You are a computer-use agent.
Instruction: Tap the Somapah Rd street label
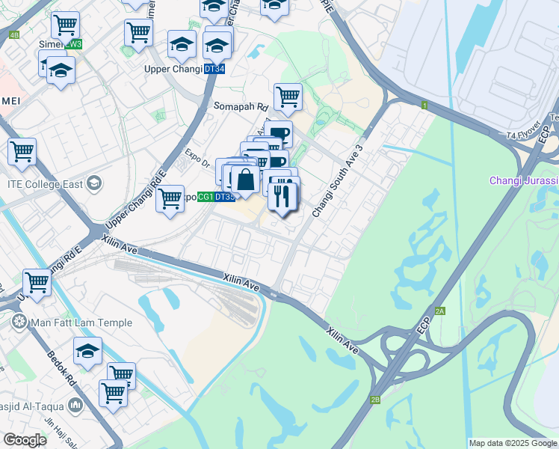[241, 106]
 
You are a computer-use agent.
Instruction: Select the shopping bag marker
[245, 180]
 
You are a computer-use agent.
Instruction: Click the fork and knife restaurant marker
[283, 197]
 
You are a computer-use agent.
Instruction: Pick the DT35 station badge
[225, 197]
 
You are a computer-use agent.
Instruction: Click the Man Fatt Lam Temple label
[81, 323]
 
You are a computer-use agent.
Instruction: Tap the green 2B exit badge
[375, 400]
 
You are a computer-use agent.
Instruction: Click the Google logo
[25, 440]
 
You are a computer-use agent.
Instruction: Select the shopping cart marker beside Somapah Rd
[288, 96]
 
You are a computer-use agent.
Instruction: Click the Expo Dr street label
[200, 152]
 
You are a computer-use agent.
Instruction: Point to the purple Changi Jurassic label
[524, 180]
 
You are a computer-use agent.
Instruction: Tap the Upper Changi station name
[173, 69]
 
